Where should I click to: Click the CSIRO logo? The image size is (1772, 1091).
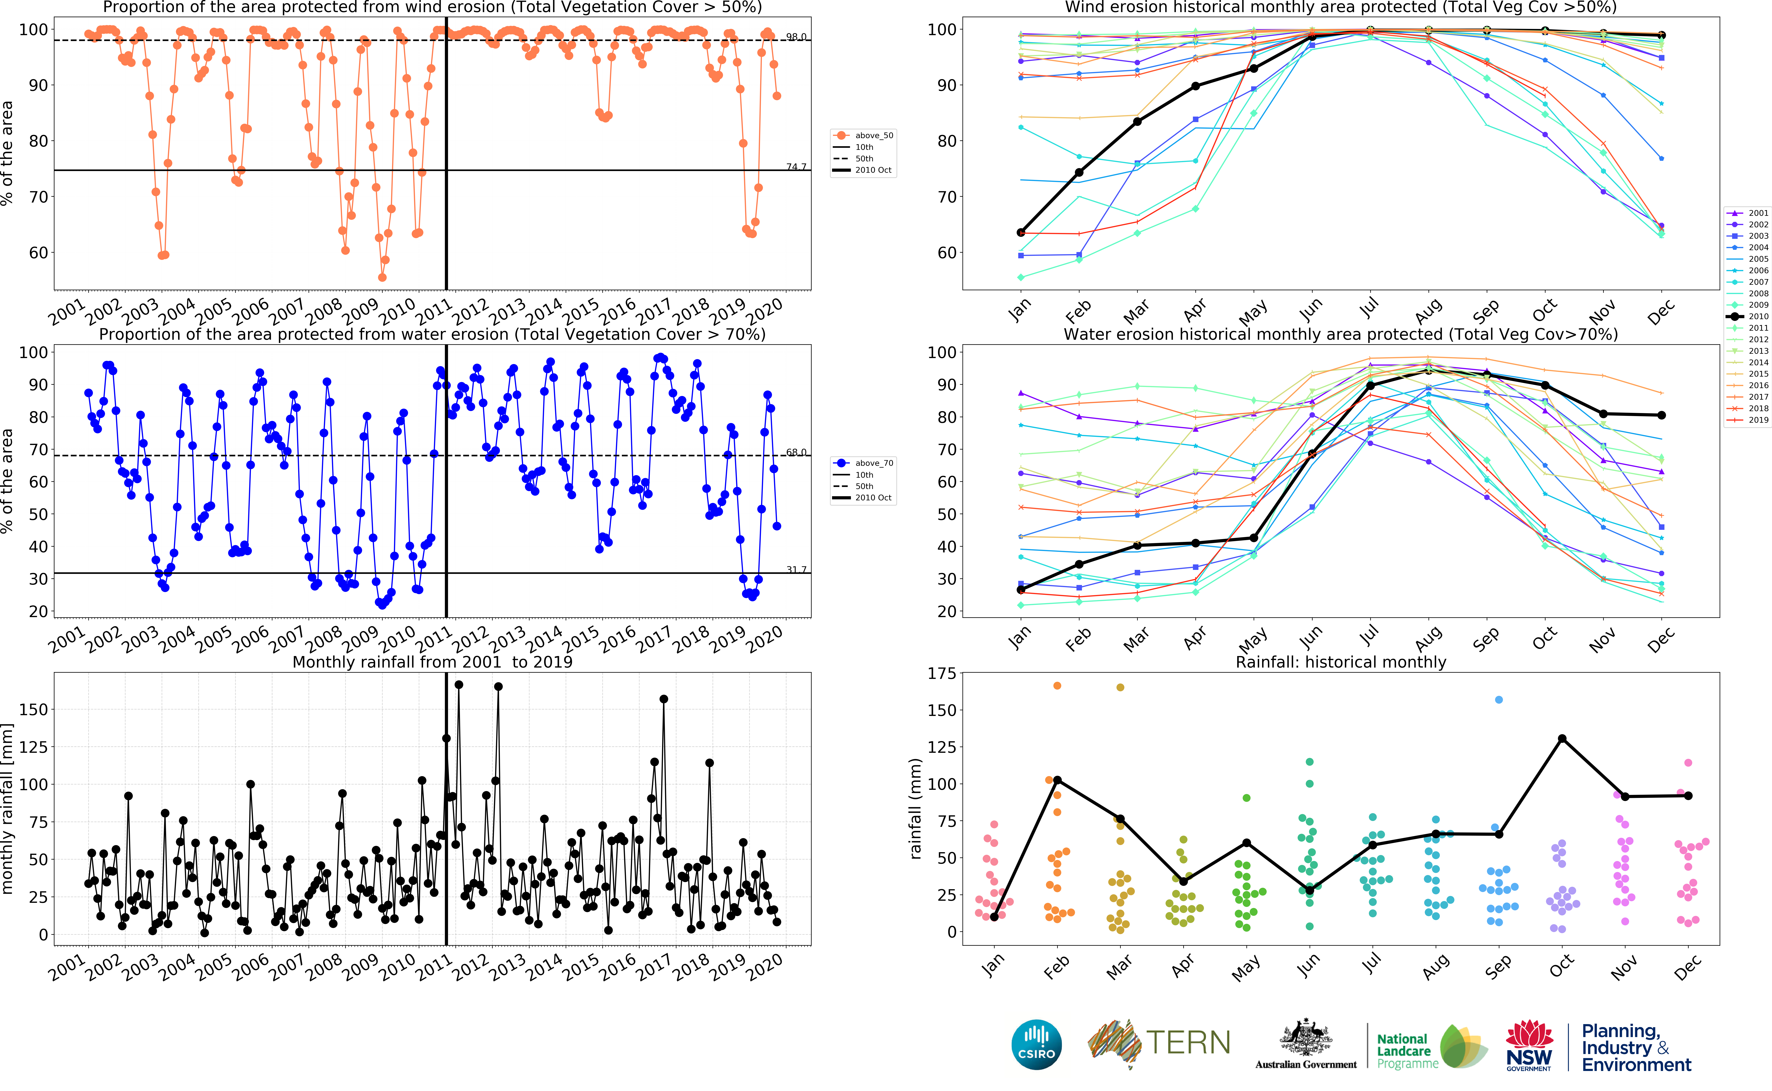[1037, 1044]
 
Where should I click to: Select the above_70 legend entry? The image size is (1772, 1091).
[873, 463]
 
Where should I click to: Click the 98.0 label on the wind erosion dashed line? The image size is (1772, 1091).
[796, 37]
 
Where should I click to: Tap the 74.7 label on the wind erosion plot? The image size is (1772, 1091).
[796, 167]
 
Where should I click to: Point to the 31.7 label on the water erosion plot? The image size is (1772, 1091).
[796, 569]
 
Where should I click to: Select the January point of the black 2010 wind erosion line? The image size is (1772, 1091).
[1021, 232]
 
